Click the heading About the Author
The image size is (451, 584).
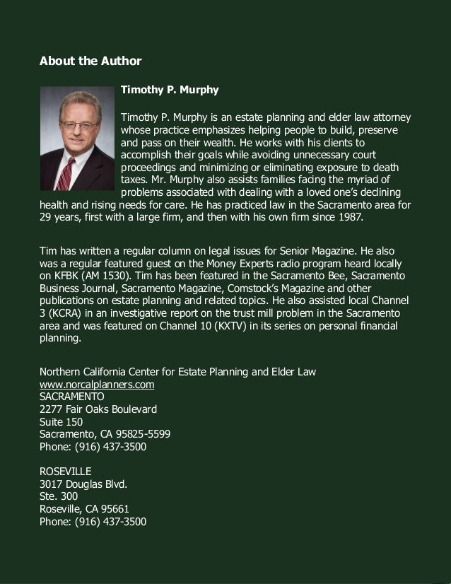90,61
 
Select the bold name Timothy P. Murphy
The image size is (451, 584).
170,90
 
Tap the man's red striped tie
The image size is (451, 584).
66,173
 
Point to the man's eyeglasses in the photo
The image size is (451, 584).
78,125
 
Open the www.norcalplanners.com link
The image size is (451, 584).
97,385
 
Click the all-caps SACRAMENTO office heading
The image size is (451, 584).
72,397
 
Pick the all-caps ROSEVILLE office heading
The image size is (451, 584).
66,471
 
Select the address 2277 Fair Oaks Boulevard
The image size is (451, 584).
98,409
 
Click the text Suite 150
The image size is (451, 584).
61,422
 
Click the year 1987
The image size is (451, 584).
349,218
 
